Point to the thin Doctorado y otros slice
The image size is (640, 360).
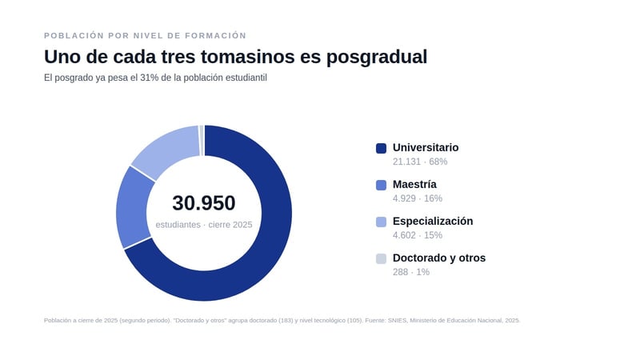click(x=202, y=141)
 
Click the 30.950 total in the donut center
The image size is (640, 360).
click(x=204, y=203)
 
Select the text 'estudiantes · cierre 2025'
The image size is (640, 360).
click(x=204, y=225)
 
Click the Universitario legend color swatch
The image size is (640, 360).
click(x=381, y=148)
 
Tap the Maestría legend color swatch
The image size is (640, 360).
click(x=381, y=185)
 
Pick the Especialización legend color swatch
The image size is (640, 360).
click(x=381, y=222)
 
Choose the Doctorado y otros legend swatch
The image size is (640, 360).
click(x=381, y=258)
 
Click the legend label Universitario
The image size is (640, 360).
click(x=426, y=147)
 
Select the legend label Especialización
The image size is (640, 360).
click(x=433, y=222)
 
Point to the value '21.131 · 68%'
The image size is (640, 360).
click(x=420, y=162)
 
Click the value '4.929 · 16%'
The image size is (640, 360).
click(x=418, y=198)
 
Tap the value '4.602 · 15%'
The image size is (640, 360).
click(x=418, y=235)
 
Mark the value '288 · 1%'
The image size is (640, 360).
click(x=411, y=272)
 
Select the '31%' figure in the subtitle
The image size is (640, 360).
click(x=150, y=78)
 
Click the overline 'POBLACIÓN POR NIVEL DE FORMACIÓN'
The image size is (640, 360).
click(x=146, y=35)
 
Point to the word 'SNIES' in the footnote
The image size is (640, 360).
click(x=398, y=321)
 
